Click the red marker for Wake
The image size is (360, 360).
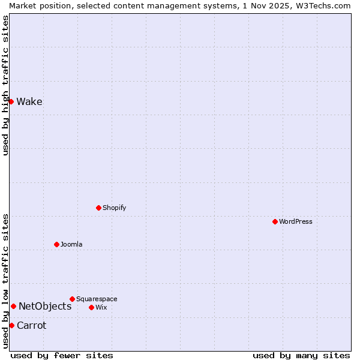pyautogui.click(x=11, y=101)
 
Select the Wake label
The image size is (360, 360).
pyautogui.click(x=29, y=101)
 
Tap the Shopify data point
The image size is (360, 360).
pyautogui.click(x=98, y=208)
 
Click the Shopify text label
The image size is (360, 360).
pyautogui.click(x=114, y=208)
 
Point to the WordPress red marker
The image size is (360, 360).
pyautogui.click(x=275, y=221)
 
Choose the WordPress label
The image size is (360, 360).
pyautogui.click(x=295, y=221)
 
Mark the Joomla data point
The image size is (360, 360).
pyautogui.click(x=56, y=244)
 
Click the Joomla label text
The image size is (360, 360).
pyautogui.click(x=71, y=244)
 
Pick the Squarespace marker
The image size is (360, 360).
pyautogui.click(x=72, y=299)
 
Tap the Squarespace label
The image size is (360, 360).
pyautogui.click(x=97, y=299)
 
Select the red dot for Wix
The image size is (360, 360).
pyautogui.click(x=91, y=307)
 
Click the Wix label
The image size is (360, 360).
pyautogui.click(x=101, y=307)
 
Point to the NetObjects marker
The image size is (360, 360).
pyautogui.click(x=13, y=306)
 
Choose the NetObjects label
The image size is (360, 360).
pyautogui.click(x=45, y=306)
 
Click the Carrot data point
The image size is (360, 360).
pyautogui.click(x=11, y=325)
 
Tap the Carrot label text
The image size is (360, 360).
pyautogui.click(x=31, y=325)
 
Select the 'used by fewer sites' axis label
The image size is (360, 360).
pyautogui.click(x=62, y=355)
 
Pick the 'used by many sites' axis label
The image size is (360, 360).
pyautogui.click(x=301, y=355)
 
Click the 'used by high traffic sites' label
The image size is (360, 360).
pyautogui.click(x=5, y=85)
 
